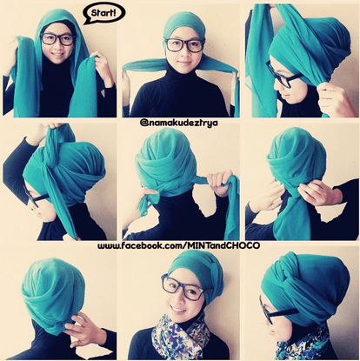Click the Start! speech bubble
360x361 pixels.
[x=104, y=13]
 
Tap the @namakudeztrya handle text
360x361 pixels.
[x=179, y=123]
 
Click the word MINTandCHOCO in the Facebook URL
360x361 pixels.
[x=223, y=245]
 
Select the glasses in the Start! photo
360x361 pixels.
[x=58, y=39]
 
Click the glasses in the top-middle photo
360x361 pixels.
[x=184, y=45]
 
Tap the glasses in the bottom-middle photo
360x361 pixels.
[x=183, y=288]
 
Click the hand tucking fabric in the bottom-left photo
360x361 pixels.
[x=83, y=329]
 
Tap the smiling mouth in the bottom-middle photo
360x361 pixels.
[x=177, y=311]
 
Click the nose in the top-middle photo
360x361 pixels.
[x=183, y=53]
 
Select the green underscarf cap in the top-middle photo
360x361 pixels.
[x=184, y=27]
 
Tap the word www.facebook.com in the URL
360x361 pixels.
[x=140, y=246]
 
